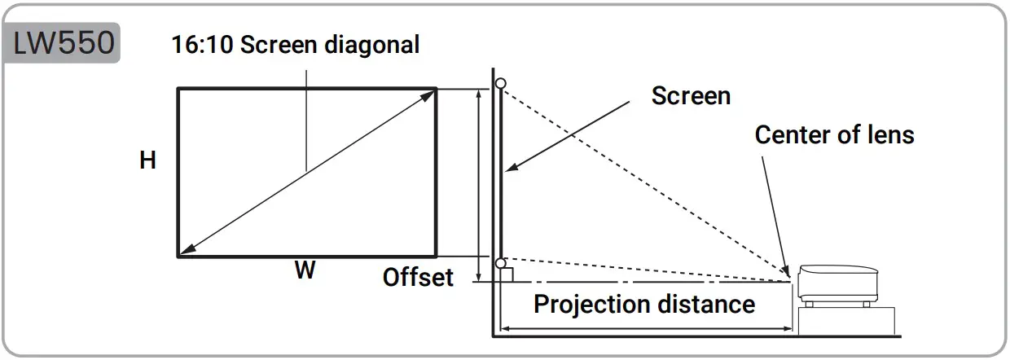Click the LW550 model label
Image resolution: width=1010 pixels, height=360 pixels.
tap(64, 42)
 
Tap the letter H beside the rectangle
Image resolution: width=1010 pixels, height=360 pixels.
tap(147, 160)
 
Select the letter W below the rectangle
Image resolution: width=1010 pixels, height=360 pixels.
tap(305, 271)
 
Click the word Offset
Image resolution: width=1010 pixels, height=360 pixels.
tap(418, 277)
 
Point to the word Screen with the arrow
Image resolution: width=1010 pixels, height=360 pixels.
tap(691, 96)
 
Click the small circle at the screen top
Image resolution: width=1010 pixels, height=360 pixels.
tap(500, 83)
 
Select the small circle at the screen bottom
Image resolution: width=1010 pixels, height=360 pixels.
tap(500, 263)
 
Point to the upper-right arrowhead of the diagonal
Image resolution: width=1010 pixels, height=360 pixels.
tap(429, 94)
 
